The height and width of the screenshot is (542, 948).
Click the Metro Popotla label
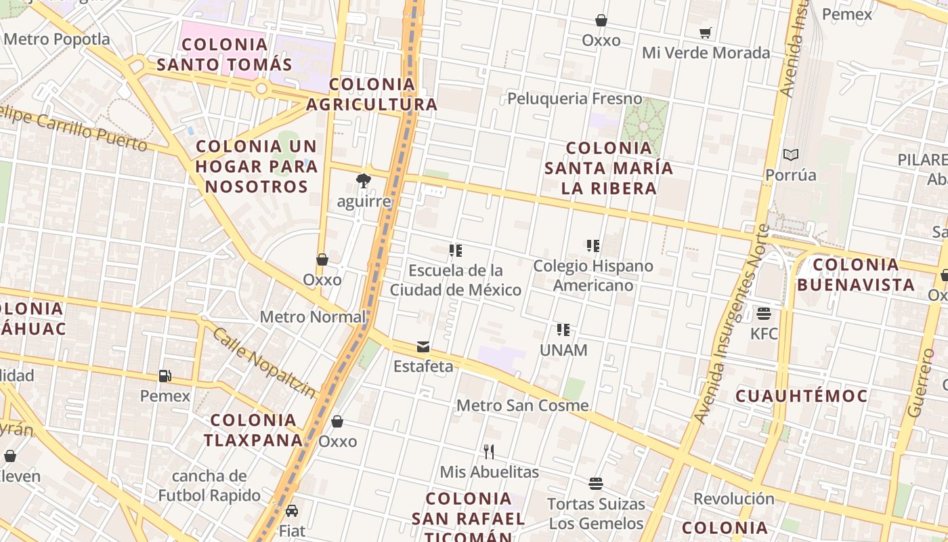57,39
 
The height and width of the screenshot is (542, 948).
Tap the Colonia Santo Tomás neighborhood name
224,55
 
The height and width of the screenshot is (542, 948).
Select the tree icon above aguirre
364,180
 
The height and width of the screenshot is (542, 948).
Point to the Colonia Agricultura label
372,94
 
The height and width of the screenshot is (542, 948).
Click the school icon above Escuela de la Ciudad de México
456,251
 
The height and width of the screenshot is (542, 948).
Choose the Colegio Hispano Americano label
593,275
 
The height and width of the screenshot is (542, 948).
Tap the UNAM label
563,350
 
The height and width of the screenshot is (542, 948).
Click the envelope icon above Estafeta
423,348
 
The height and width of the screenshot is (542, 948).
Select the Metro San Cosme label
523,405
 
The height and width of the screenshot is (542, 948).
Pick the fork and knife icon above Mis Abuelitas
489,451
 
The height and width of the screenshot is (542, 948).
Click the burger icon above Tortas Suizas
596,484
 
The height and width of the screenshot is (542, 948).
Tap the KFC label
764,333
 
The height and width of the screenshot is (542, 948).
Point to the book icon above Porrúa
790,154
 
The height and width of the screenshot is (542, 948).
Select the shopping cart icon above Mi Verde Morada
706,33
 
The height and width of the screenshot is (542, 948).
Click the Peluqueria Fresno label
575,99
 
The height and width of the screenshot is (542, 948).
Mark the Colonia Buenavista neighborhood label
857,274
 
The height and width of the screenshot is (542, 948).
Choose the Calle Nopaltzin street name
265,363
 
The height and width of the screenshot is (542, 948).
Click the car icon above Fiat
292,511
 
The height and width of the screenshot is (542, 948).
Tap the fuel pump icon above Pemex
165,375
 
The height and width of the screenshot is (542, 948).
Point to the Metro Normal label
313,316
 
